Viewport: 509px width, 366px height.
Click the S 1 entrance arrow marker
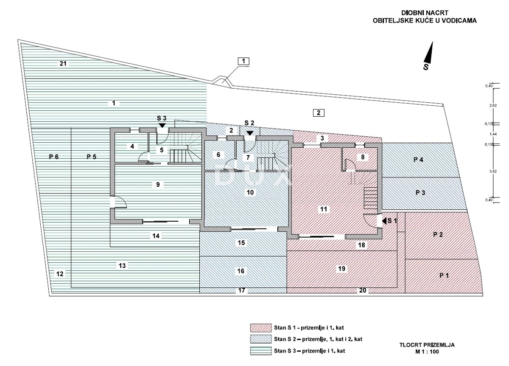pos(384,221)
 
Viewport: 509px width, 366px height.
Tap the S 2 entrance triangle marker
pos(250,133)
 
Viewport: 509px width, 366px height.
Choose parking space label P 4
pos(418,160)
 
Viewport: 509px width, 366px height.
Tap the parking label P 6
pos(53,157)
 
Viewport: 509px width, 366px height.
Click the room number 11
pos(324,209)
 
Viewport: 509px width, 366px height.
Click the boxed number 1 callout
pos(243,61)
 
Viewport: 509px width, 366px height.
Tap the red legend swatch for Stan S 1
pos(260,328)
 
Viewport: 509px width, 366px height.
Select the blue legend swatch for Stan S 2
pos(260,339)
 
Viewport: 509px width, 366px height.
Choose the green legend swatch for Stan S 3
pos(260,351)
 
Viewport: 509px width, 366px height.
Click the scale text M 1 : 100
pos(427,352)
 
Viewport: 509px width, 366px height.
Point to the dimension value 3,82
pos(493,172)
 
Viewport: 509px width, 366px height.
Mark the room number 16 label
pos(241,270)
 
